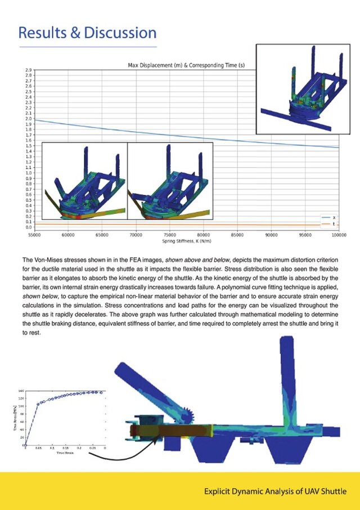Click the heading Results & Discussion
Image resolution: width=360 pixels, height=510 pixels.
[87, 32]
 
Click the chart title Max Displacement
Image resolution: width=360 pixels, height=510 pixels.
[186, 66]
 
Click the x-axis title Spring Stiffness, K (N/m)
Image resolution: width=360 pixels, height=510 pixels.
[185, 241]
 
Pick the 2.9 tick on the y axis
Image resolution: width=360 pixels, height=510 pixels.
[28, 70]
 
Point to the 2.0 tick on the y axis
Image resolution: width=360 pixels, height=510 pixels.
[28, 119]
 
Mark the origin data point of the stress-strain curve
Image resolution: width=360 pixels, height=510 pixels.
[25, 445]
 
